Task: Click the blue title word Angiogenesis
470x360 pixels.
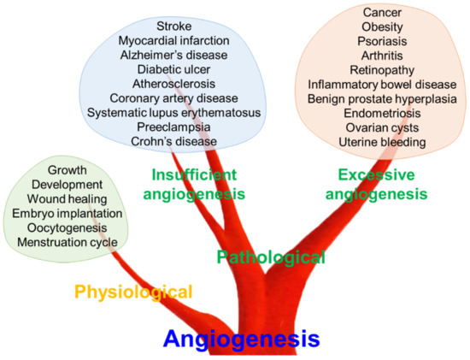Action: (x=241, y=339)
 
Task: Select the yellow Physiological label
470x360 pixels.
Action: (x=133, y=292)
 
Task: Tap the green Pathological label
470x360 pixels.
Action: (x=271, y=257)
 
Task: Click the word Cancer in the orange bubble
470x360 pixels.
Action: (x=382, y=13)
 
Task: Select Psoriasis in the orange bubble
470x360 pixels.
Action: (x=382, y=42)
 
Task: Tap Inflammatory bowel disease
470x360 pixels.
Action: (x=382, y=86)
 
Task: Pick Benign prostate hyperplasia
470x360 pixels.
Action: (x=382, y=100)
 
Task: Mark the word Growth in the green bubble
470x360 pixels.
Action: (x=67, y=170)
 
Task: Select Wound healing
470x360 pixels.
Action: (x=67, y=199)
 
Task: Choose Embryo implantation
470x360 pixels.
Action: (x=67, y=214)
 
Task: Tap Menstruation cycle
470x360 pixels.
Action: (x=67, y=243)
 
